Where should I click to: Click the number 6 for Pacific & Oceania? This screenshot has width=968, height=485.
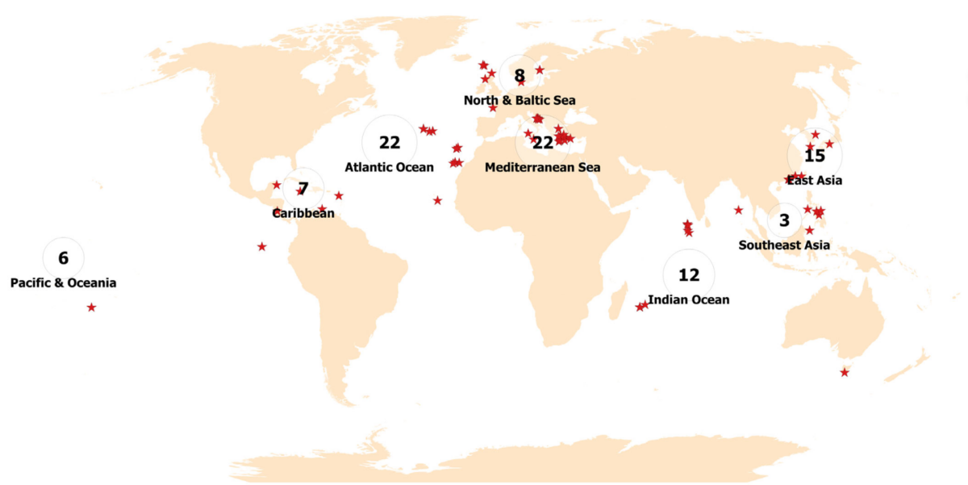[64, 258]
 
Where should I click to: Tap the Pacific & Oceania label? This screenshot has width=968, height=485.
[64, 283]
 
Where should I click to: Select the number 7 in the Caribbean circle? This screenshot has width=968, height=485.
[303, 190]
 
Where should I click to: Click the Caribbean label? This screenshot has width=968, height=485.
[302, 214]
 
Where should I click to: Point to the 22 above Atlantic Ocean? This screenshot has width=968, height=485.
[390, 143]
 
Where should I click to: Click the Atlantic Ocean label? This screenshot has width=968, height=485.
[390, 168]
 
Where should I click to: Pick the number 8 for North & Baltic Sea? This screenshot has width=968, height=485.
[519, 76]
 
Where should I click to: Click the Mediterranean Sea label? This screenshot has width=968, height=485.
[542, 168]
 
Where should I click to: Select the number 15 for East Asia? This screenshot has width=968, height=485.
[815, 156]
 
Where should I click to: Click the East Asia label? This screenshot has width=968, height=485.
[815, 181]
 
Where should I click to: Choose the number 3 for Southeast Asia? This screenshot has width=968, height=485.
[784, 220]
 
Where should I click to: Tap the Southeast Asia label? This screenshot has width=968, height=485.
[784, 245]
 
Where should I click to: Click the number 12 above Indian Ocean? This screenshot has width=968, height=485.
[689, 275]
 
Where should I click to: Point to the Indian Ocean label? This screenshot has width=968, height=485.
[689, 300]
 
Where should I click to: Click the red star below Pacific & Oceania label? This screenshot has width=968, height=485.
[91, 307]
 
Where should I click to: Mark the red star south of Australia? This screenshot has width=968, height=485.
[845, 372]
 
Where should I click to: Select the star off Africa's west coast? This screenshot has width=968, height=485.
[437, 200]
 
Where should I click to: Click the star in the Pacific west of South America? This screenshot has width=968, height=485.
[261, 246]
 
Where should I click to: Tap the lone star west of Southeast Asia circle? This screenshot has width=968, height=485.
[738, 210]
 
